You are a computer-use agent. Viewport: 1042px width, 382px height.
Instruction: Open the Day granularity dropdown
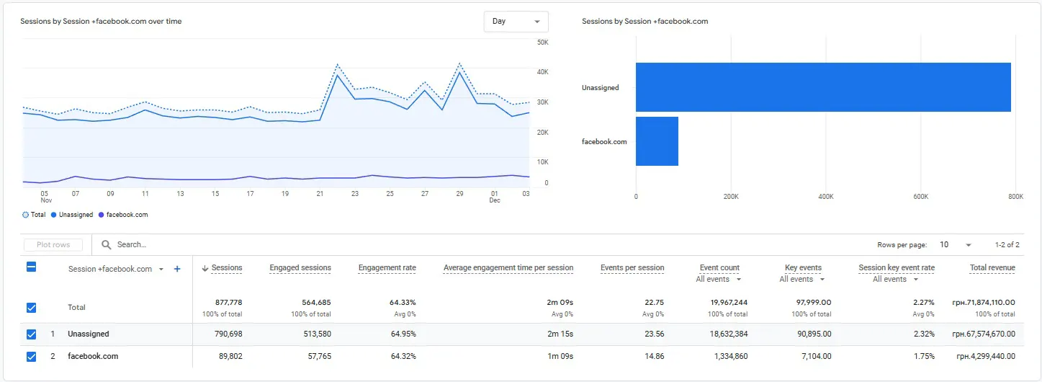click(x=516, y=22)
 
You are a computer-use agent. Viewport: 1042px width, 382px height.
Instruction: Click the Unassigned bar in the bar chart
click(x=823, y=87)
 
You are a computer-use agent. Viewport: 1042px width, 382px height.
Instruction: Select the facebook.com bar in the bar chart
click(x=657, y=141)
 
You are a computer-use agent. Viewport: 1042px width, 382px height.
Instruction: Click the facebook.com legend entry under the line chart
click(x=123, y=215)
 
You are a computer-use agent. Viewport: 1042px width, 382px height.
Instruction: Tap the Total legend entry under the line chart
click(x=34, y=215)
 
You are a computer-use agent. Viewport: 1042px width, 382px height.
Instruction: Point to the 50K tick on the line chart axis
click(x=542, y=43)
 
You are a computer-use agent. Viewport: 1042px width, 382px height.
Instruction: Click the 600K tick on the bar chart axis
click(x=920, y=197)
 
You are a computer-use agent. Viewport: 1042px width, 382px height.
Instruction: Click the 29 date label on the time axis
click(x=459, y=194)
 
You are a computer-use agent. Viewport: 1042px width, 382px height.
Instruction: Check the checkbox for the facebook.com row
click(x=31, y=357)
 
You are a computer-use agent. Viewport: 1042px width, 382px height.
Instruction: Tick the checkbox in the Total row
click(x=31, y=308)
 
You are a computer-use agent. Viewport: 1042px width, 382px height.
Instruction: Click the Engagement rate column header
click(x=387, y=268)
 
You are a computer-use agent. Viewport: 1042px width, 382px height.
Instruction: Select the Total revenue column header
click(x=992, y=268)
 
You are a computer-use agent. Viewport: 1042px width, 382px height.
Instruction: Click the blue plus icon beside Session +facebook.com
click(x=177, y=269)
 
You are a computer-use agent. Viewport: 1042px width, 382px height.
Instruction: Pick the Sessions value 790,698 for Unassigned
click(x=228, y=334)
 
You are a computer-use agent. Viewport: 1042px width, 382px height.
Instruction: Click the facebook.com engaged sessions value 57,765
click(x=320, y=356)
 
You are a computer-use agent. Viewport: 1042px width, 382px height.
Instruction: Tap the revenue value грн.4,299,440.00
click(x=986, y=356)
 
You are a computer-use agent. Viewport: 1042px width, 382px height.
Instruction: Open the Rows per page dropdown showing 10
click(x=955, y=245)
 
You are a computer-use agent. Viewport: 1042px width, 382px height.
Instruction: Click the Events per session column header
click(x=632, y=268)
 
